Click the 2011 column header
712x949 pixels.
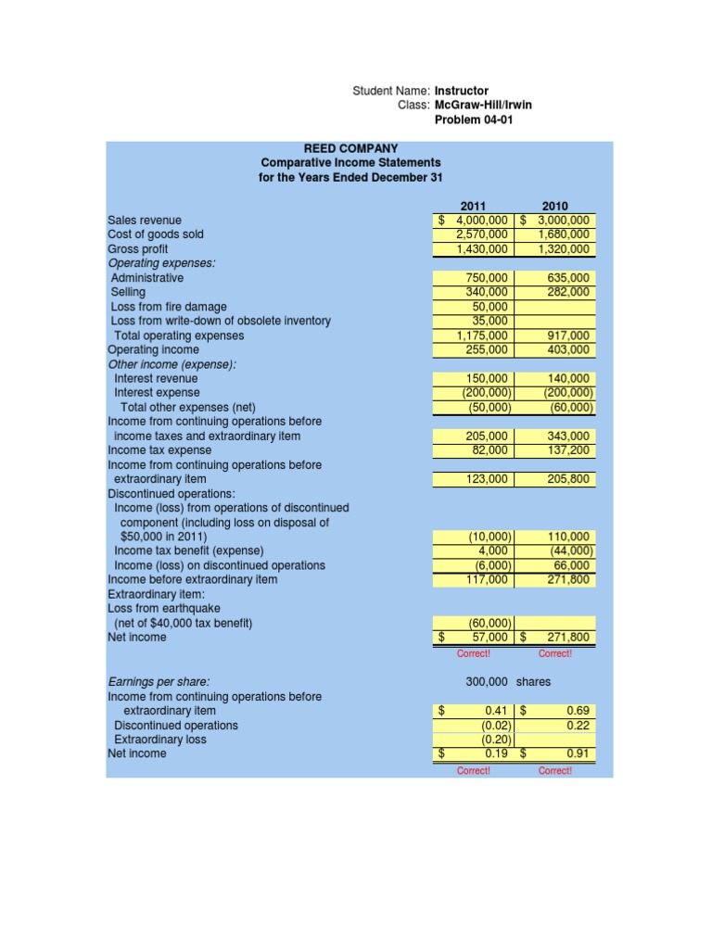[474, 206]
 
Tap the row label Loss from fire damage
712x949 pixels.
[168, 307]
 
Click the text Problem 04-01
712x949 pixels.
[473, 120]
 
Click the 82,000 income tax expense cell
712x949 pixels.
[486, 450]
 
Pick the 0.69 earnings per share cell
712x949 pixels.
[576, 711]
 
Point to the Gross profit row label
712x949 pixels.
[139, 249]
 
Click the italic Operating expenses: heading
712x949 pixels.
[161, 263]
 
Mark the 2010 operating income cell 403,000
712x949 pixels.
[568, 349]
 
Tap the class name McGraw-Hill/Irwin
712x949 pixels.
[483, 106]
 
